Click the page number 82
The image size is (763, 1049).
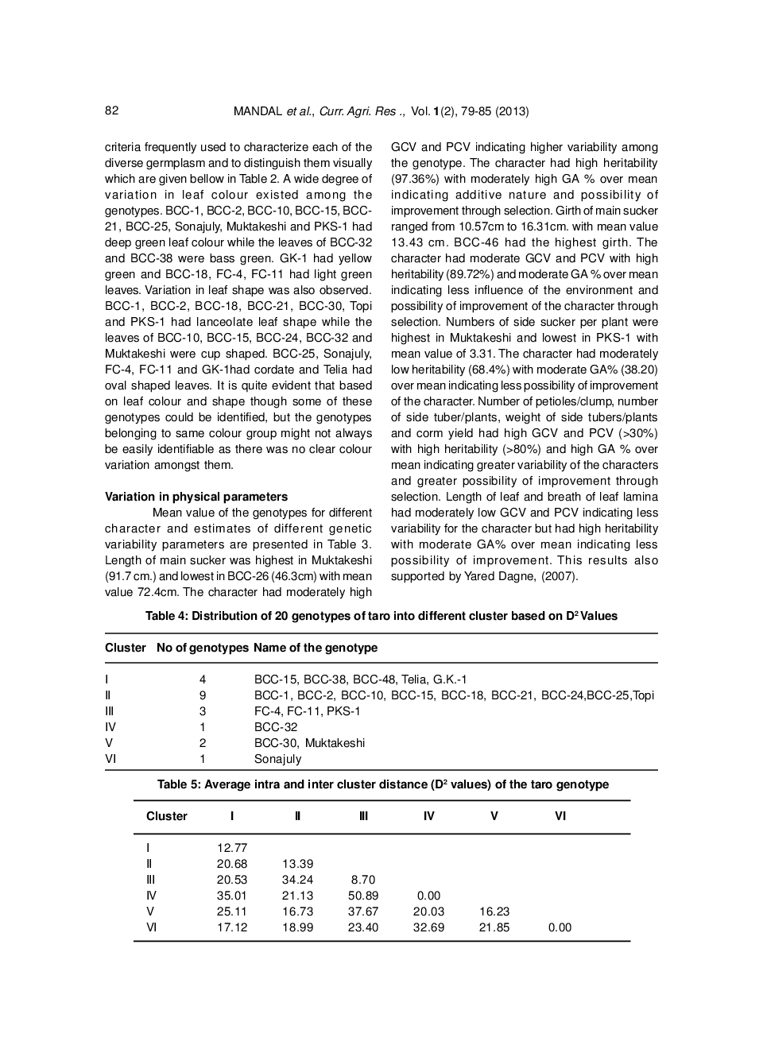(111, 110)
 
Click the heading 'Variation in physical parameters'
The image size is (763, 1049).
(196, 497)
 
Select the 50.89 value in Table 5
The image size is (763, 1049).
(363, 896)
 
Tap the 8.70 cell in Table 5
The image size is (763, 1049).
(363, 880)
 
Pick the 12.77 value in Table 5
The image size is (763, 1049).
(232, 848)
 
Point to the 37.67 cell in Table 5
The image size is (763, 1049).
(363, 912)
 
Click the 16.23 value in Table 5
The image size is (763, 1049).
(494, 912)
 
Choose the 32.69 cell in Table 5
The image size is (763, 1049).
(428, 927)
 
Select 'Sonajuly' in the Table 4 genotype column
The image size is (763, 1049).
(277, 759)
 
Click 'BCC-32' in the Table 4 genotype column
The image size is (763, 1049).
(276, 727)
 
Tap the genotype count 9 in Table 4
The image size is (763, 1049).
(203, 695)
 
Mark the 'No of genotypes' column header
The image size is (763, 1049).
(203, 648)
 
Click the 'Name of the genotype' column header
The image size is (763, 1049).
(316, 648)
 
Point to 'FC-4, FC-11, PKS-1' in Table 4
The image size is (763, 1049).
(307, 711)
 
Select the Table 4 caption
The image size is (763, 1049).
(381, 616)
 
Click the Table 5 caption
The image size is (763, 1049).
(382, 784)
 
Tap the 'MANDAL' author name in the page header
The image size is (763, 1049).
(258, 111)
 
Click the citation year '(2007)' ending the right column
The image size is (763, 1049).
(561, 576)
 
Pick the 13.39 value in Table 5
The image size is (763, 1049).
(297, 864)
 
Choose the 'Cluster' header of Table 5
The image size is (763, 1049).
(167, 816)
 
